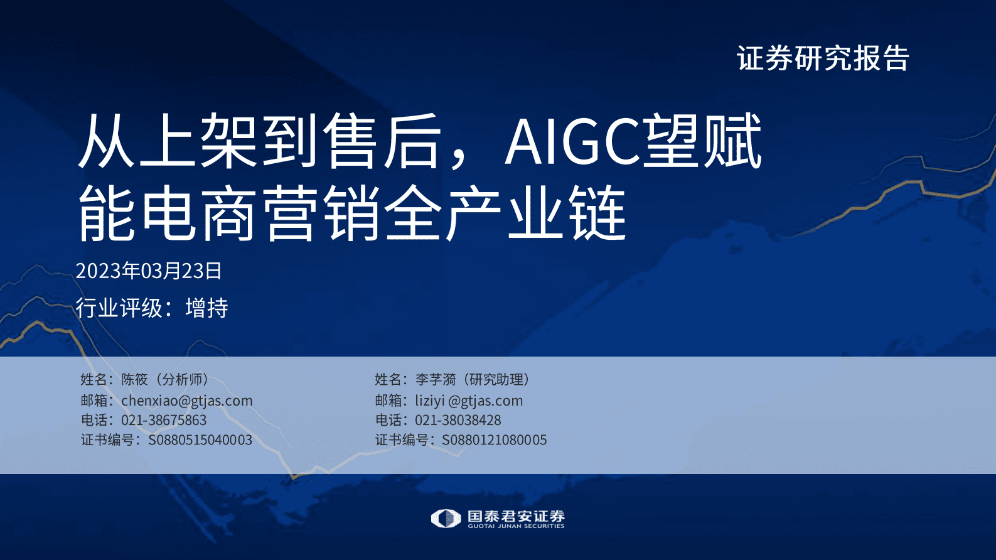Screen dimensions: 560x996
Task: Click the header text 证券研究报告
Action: [823, 58]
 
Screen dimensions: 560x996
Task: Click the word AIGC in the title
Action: [572, 141]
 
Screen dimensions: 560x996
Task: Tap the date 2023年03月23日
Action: [149, 271]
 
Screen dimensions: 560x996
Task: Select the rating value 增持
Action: [206, 308]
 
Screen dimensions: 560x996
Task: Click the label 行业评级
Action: [119, 308]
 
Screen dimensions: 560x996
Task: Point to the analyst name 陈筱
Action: [134, 379]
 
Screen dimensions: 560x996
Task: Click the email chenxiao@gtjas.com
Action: [186, 401]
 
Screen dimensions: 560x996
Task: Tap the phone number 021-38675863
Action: [163, 420]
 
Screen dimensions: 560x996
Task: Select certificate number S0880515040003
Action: [200, 439]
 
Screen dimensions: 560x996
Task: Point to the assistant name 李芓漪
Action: [436, 379]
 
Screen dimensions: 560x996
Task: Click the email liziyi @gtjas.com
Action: [468, 401]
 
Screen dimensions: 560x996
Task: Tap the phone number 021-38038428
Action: [458, 420]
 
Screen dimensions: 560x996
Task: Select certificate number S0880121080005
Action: [494, 439]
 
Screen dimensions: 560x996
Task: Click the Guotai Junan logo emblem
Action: [446, 519]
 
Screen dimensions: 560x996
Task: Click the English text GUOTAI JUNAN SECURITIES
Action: [516, 526]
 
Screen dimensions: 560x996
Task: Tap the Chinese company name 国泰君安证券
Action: [516, 516]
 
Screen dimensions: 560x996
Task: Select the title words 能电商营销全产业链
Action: [351, 214]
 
